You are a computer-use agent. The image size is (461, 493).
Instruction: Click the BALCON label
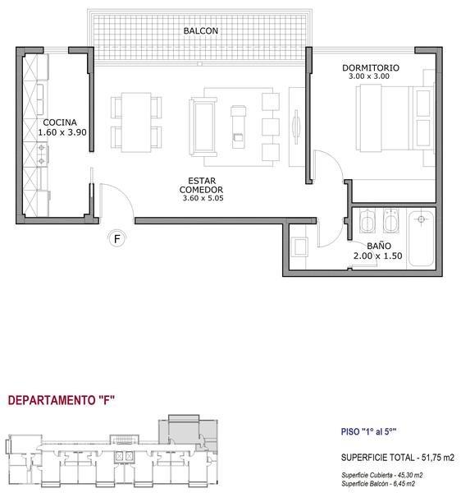[200, 31]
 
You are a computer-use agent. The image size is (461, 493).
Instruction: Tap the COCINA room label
[60, 122]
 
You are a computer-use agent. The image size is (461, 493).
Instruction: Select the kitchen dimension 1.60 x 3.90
[62, 132]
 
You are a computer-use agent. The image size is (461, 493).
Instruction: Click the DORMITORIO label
[371, 68]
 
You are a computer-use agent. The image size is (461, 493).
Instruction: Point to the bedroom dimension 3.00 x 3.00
[369, 76]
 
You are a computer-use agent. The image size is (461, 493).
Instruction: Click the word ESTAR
[202, 181]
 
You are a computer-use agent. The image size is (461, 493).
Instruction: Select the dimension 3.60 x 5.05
[203, 198]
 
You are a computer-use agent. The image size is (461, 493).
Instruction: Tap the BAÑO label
[379, 246]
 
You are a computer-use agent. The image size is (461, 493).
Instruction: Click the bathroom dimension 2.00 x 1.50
[378, 256]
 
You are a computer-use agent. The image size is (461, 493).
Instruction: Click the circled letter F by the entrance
[117, 239]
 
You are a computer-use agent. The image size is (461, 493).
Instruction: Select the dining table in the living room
[136, 122]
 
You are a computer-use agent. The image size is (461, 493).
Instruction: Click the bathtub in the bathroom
[422, 239]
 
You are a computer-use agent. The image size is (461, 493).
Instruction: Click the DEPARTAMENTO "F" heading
[62, 400]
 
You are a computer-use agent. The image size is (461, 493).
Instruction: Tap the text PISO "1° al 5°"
[368, 431]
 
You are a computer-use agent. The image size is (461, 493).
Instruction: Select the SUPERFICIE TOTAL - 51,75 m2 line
[398, 458]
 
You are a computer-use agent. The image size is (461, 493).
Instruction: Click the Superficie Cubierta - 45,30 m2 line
[382, 475]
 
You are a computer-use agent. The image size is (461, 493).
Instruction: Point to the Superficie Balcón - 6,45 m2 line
[378, 484]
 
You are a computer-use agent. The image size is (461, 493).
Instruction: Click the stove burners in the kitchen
[41, 154]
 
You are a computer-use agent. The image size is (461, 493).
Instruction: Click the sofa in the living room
[203, 127]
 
